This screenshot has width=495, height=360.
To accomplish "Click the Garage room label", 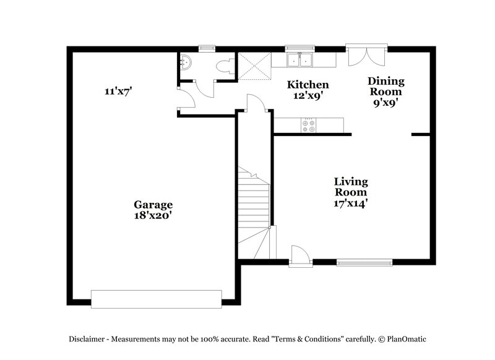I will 153,205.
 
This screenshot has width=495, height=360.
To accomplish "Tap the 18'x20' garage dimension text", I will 153,216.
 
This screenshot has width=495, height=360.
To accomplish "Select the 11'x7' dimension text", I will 118,91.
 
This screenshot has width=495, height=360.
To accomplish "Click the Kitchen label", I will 308,85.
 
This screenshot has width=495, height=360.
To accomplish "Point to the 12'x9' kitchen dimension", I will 308,96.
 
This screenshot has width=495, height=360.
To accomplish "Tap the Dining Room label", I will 386,87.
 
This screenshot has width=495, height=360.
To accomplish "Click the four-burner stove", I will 308,126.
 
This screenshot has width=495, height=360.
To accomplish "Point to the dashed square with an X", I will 254,65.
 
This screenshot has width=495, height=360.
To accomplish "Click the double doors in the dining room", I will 367,56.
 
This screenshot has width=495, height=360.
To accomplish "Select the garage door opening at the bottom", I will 156,298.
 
